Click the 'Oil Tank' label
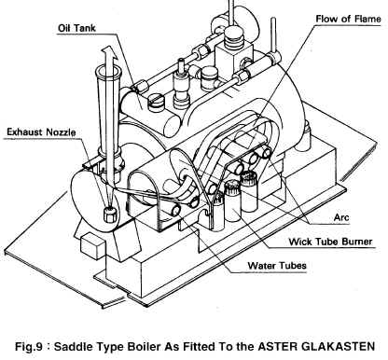[76, 28]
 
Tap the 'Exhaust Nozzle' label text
[41, 132]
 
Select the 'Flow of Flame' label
[348, 19]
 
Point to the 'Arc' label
[341, 217]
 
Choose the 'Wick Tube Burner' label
[330, 242]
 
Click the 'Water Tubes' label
[277, 266]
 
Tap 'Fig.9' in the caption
[28, 346]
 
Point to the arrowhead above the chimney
[111, 52]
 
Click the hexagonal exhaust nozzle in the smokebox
[110, 214]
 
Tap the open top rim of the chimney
[108, 73]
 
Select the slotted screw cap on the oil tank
[156, 103]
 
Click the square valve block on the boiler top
[233, 58]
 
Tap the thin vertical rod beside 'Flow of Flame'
[273, 35]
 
